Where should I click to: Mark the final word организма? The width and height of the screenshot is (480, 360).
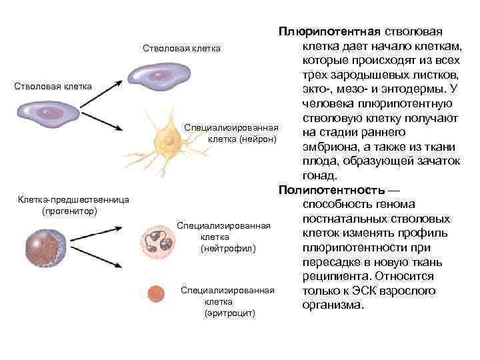[333, 305]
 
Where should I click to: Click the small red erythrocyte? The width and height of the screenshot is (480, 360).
[155, 294]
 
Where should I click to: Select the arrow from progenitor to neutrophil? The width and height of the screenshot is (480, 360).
[100, 238]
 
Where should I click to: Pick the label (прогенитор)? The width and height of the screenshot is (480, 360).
[69, 211]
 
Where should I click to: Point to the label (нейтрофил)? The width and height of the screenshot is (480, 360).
[228, 248]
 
